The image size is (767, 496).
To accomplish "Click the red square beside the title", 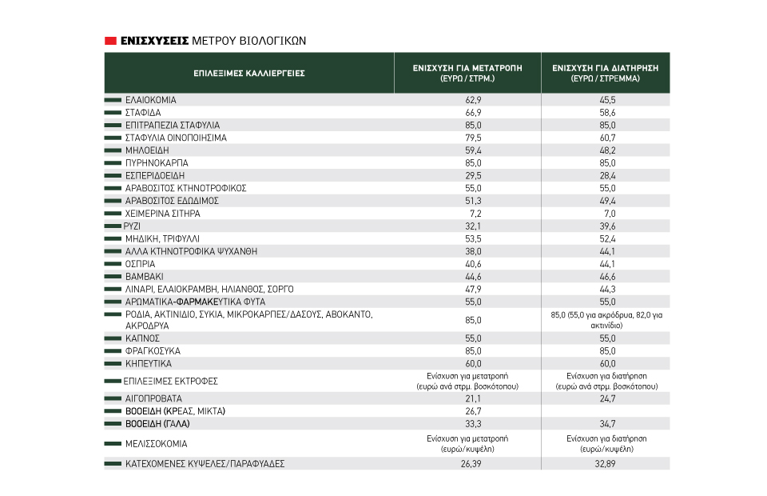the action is tap(110, 41).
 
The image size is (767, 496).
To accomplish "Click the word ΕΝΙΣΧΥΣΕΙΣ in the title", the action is tap(154, 41).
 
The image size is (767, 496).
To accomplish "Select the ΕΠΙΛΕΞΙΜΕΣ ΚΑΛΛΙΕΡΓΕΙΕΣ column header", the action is tap(249, 74).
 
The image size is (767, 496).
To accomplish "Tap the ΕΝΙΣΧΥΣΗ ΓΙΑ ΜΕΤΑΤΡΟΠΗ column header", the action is tap(467, 73).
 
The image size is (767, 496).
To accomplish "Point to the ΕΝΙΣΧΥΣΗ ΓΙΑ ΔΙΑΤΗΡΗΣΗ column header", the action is tap(605, 73).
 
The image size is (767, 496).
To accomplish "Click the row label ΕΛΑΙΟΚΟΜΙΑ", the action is tap(151, 100).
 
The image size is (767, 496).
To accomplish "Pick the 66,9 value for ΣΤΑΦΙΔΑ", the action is tap(473, 113).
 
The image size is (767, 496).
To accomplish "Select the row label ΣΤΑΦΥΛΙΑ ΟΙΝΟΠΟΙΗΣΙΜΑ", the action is tap(176, 138).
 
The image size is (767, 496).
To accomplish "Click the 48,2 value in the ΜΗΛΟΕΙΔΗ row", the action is tap(607, 150).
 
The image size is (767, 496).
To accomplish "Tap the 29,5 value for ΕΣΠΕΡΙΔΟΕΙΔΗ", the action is tap(473, 176).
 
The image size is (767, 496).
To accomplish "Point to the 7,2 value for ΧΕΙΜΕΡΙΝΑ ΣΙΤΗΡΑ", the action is tap(475, 214).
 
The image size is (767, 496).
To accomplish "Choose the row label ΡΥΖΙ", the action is tap(132, 226).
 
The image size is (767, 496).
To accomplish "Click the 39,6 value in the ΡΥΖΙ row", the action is tap(607, 226).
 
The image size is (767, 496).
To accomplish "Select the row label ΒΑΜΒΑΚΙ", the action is tap(145, 277).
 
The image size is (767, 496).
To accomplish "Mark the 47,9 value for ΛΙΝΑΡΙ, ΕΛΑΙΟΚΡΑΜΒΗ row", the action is tap(473, 290).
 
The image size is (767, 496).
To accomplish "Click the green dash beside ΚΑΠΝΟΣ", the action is tap(113, 338).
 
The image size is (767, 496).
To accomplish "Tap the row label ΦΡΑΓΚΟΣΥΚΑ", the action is tap(153, 351).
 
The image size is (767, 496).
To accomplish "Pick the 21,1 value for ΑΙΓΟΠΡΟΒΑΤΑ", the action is tap(473, 398).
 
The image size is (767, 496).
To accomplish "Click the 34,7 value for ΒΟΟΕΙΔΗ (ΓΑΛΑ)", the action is tap(607, 424).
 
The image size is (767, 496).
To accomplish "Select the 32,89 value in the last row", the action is tap(605, 464).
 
